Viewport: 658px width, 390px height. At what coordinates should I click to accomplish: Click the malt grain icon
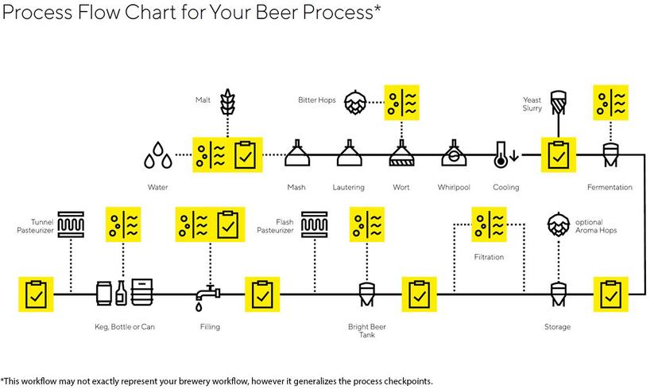coord(227,102)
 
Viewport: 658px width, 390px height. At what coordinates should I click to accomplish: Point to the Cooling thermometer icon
coord(501,154)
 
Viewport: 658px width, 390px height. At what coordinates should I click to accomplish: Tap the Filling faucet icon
coord(208,296)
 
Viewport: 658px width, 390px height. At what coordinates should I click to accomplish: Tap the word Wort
coord(401,188)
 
